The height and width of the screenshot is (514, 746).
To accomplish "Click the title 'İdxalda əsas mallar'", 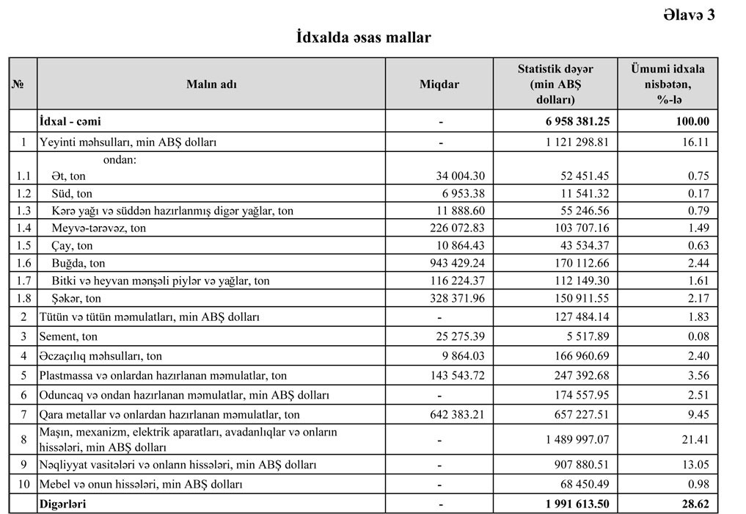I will pos(363,37).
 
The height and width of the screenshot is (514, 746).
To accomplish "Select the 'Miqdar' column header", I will pos(439,84).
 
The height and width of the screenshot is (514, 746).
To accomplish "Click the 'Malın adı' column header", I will pos(211,84).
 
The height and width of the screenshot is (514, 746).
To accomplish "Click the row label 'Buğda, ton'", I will pos(78,263).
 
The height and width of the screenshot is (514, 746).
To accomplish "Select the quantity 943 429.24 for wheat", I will pos(453,263).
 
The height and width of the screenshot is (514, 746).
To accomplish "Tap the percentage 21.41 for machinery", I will pos(694,440).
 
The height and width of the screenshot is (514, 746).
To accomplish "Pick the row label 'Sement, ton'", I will pos(68,336).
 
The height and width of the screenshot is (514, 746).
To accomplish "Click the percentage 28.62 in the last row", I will pos(692,504).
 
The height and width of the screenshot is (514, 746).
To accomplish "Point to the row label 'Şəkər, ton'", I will pos(76,298).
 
